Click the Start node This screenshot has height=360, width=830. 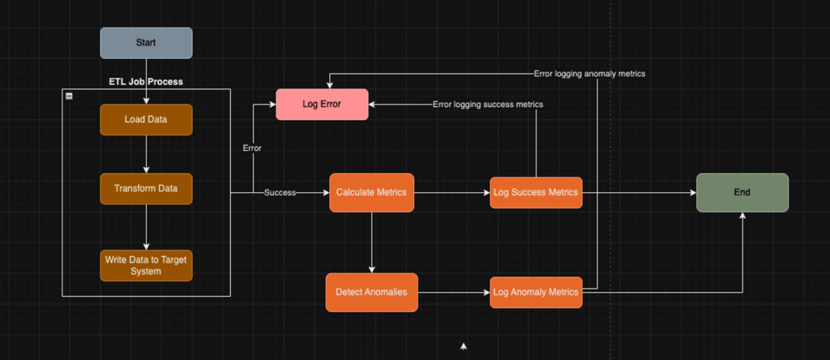click(x=146, y=43)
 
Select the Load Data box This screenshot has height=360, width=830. click(x=146, y=119)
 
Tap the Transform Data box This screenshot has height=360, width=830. click(x=146, y=188)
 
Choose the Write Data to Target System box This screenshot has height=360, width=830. click(x=146, y=265)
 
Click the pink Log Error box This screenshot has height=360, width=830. click(x=322, y=104)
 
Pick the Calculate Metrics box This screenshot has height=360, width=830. click(x=371, y=193)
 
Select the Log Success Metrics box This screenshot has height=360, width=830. click(x=536, y=193)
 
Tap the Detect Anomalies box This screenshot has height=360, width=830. click(x=371, y=292)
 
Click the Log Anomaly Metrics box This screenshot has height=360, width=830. click(x=536, y=292)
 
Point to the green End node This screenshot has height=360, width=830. click(x=742, y=193)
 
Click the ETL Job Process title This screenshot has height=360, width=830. click(x=146, y=82)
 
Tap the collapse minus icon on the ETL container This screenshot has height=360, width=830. click(x=69, y=96)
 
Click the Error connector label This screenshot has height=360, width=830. click(x=252, y=148)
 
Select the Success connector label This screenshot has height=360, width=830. click(x=280, y=193)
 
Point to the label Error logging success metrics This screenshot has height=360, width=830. click(x=488, y=105)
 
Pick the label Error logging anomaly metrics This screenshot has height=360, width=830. click(x=589, y=74)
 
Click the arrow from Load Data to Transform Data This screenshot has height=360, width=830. click(x=146, y=154)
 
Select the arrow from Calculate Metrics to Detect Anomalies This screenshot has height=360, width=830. click(x=371, y=242)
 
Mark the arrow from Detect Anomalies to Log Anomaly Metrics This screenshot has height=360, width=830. click(x=453, y=292)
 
